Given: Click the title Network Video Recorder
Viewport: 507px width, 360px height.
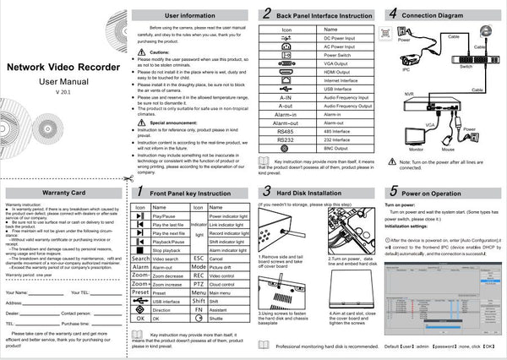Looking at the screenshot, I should coord(61,67).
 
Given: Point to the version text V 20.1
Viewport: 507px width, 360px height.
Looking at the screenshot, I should coord(61,90).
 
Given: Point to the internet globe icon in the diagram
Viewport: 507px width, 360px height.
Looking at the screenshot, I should coord(485,31).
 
